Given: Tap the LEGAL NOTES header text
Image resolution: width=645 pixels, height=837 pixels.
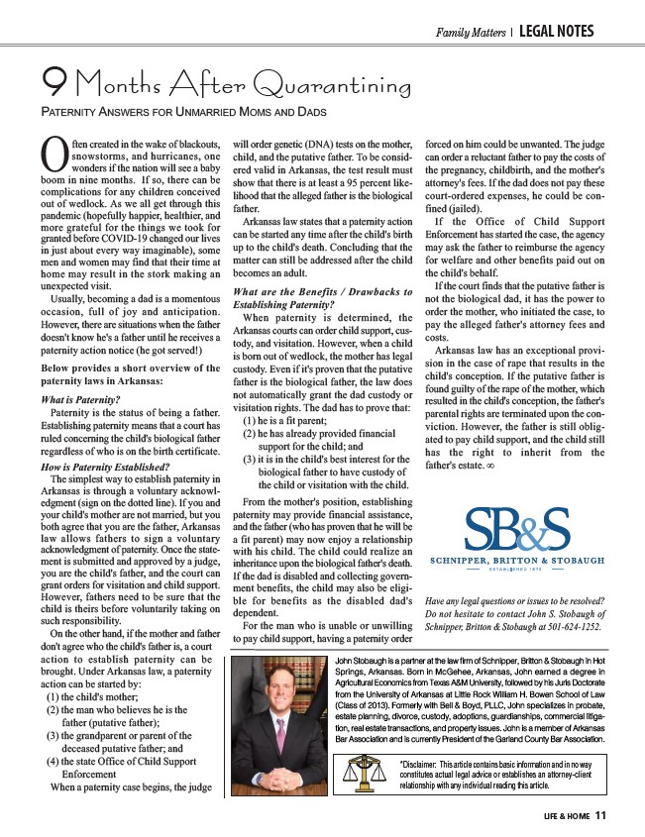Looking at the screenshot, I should (554, 32).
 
